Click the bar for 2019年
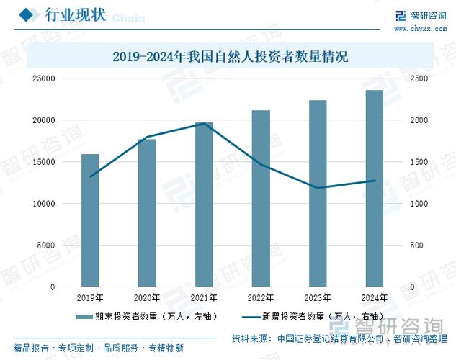tap(90, 220)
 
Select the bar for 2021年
tap(204, 204)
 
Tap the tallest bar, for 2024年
tap(375, 188)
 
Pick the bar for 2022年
tap(261, 199)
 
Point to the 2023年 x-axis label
tap(318, 297)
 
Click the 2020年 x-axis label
tap(147, 297)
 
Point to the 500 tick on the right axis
tap(416, 246)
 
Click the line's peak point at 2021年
tap(204, 124)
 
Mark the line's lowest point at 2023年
tap(318, 188)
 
